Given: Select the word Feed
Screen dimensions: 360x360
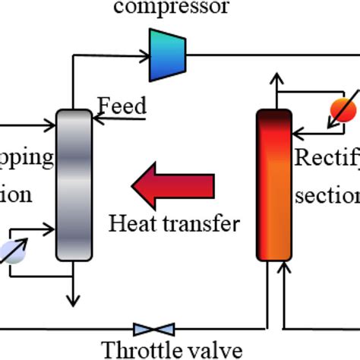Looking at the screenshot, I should (122, 106).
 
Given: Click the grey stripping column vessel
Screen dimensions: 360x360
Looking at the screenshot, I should (74, 184).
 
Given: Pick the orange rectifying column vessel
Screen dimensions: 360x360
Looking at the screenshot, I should (273, 184).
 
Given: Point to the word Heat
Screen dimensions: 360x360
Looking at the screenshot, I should (134, 223).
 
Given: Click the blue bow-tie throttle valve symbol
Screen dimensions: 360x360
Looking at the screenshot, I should (153, 329).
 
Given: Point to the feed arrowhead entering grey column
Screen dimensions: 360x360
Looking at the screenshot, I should (95, 118).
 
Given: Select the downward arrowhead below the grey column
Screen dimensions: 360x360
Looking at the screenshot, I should (74, 302).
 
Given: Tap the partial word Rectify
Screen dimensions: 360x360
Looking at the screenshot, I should (327, 159).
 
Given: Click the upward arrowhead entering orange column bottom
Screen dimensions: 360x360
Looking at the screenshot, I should (286, 267).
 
